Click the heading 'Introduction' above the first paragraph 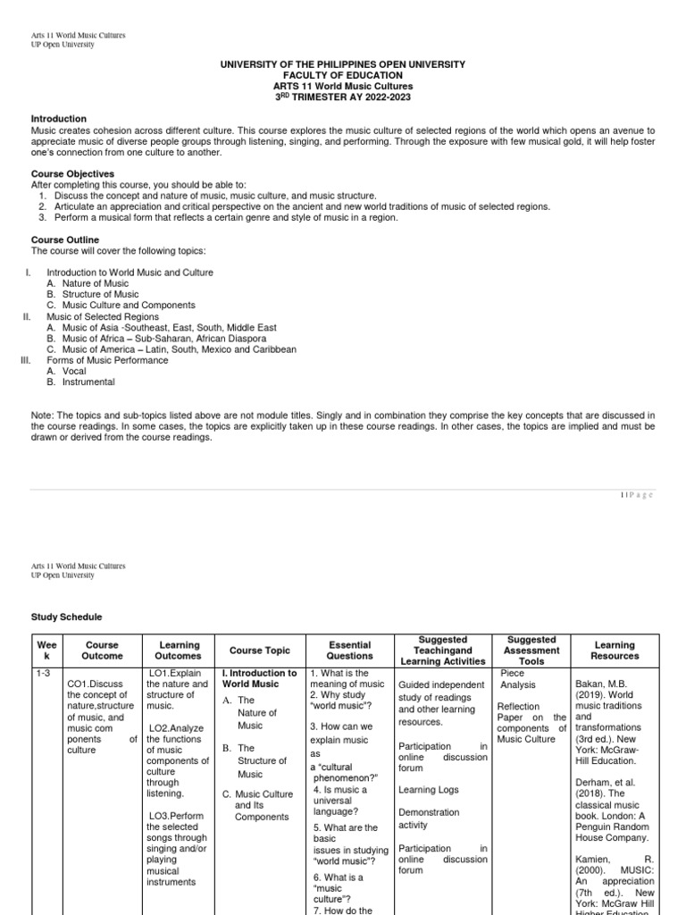(59, 119)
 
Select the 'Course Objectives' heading (72, 173)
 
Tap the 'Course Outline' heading (65, 240)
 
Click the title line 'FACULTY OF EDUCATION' (343, 76)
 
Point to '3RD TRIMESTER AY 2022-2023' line (343, 97)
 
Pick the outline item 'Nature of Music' (90, 283)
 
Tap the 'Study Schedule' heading (67, 617)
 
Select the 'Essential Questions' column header (338, 651)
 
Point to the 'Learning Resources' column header (615, 651)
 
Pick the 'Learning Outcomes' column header (180, 651)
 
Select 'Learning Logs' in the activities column (430, 790)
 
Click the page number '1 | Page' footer (637, 495)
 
